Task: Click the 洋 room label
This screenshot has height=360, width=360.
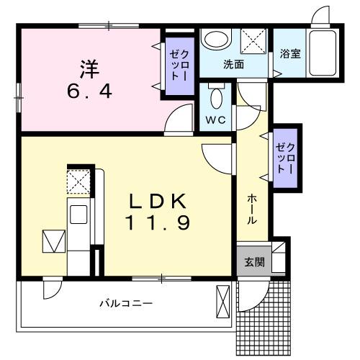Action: (89, 69)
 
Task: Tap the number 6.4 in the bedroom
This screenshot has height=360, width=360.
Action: (89, 91)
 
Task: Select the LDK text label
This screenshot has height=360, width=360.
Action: (158, 201)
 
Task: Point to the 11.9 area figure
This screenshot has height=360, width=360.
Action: (158, 222)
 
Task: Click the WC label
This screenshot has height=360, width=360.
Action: (216, 120)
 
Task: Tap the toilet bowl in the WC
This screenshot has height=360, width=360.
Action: (217, 99)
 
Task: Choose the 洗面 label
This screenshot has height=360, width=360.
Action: (233, 64)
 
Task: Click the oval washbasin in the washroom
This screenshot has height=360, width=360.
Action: (215, 40)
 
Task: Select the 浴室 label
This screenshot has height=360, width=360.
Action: (290, 53)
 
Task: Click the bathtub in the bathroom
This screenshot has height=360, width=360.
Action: (323, 53)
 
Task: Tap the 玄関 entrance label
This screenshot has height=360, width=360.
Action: (255, 262)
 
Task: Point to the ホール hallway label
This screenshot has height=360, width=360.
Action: (252, 210)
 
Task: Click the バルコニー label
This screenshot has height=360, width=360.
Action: (126, 304)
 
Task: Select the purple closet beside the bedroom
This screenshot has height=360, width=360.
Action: (180, 66)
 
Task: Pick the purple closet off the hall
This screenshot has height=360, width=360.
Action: (285, 158)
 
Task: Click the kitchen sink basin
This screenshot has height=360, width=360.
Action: (78, 215)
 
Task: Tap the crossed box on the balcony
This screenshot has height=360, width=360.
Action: (223, 302)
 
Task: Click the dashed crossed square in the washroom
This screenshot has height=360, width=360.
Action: (253, 41)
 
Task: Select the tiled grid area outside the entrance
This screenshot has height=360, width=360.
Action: (264, 319)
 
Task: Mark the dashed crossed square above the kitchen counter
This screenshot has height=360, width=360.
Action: (78, 181)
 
